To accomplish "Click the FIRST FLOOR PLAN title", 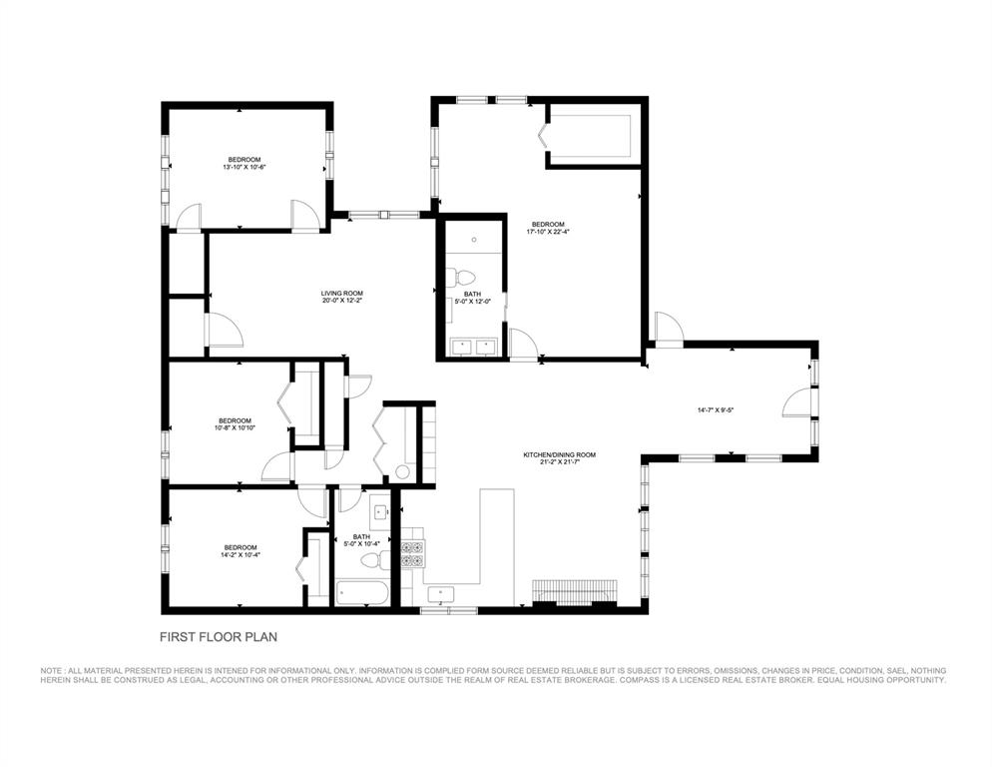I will coord(227,635).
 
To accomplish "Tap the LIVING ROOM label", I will coord(341,295).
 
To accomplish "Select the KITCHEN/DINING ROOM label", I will coord(559,454).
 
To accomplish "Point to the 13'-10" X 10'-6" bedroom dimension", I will coord(244,167).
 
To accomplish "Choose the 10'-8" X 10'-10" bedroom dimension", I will coord(235,427).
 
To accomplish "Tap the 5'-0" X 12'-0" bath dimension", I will coord(472,301).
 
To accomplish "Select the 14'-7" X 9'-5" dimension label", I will coord(716,409).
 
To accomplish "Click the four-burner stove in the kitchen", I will coord(412,554).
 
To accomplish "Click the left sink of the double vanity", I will coord(463,347).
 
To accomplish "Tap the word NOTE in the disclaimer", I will coord(52,670).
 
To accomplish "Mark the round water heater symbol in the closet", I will coord(402,471).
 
